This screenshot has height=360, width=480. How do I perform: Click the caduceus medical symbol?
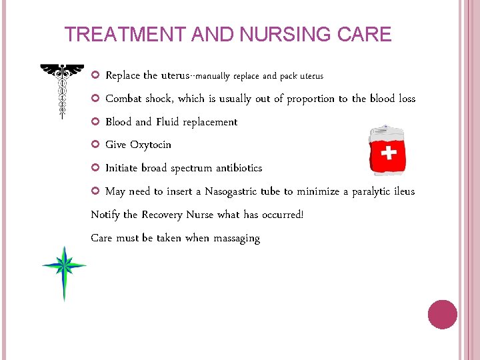[62, 91]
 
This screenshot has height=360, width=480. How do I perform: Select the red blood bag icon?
[387, 150]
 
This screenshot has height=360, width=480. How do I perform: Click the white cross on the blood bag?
[387, 155]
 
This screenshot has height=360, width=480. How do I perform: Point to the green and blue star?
[64, 269]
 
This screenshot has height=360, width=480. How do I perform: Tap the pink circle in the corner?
[442, 315]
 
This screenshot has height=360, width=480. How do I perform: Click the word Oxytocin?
[150, 145]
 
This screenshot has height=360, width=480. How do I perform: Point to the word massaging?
[237, 238]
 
